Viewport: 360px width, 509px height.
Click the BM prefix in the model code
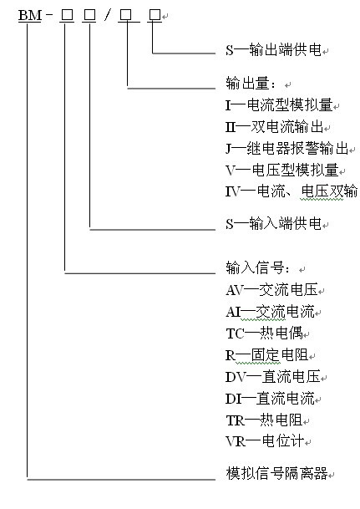[30, 15]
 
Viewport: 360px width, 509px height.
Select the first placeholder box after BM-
[67, 15]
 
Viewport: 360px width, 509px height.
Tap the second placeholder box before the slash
[89, 15]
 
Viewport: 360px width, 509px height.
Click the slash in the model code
[108, 15]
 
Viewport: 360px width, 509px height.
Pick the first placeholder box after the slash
[125, 15]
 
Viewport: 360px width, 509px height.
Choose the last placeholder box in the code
[155, 15]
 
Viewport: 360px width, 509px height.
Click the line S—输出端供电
[273, 50]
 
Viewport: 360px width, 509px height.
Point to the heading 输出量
[251, 84]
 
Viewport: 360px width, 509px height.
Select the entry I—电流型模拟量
[279, 104]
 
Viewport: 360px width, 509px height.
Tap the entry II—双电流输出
[274, 126]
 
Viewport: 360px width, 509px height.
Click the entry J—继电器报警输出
[286, 148]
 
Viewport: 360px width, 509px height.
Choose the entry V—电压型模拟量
[281, 171]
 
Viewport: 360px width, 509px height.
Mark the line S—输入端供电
[273, 224]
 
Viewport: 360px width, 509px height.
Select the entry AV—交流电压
[271, 290]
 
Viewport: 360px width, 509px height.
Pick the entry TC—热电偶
[264, 333]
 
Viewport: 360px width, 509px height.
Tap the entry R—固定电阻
[266, 355]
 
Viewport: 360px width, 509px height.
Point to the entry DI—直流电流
[270, 399]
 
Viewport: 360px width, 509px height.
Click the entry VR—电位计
[265, 441]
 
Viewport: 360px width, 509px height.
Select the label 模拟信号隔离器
[276, 473]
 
